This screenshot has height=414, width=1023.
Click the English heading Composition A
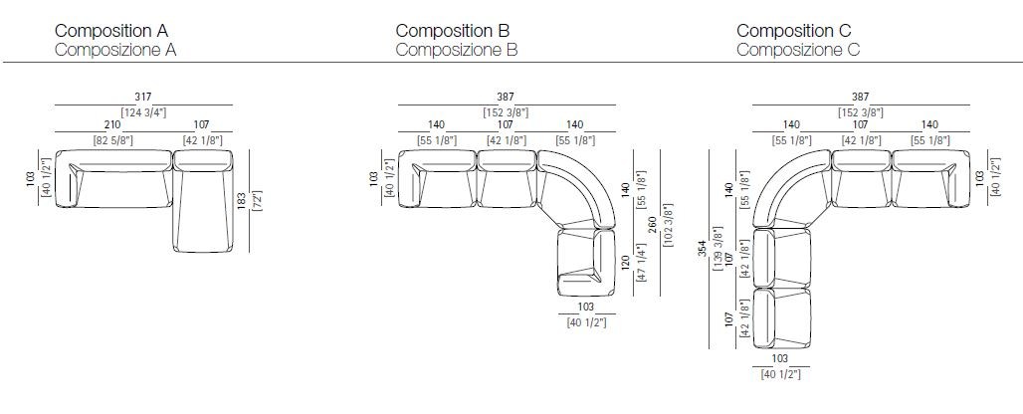111,30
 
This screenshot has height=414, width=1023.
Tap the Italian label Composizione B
457,50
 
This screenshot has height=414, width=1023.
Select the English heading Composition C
794,30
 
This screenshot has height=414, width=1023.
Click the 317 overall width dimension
143,97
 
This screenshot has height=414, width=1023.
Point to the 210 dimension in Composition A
111,123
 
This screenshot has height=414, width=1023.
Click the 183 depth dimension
242,200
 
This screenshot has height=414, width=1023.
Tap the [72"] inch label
257,200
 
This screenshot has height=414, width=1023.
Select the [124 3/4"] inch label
143,112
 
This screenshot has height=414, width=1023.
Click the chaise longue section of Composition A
203,201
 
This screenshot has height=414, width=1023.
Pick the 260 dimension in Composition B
653,224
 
